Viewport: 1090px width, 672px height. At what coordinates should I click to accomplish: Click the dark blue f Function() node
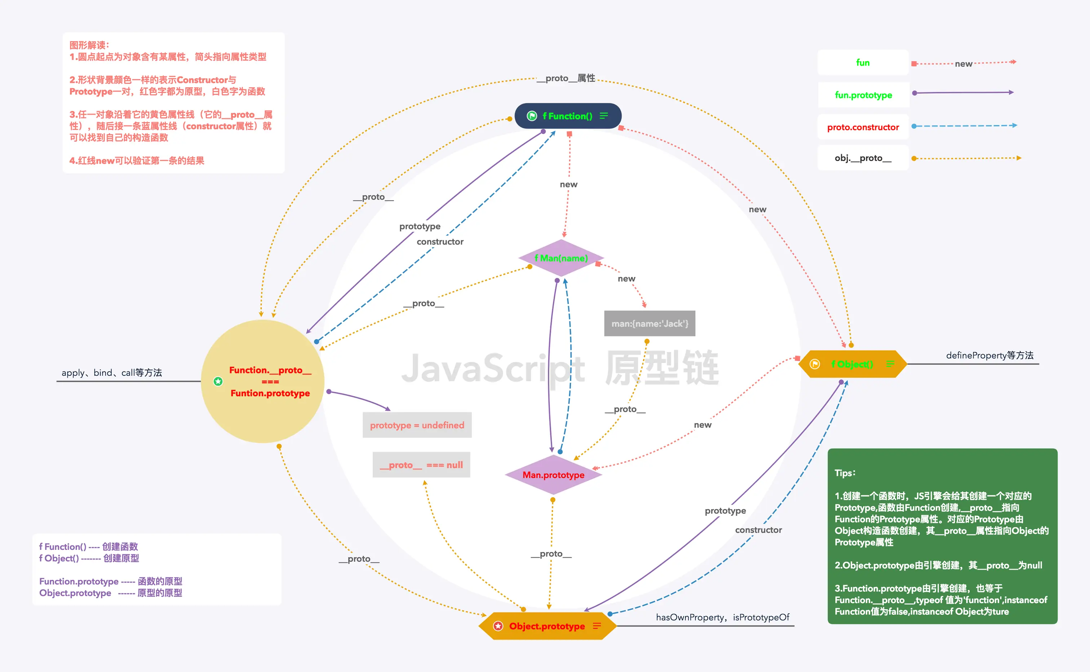pyautogui.click(x=568, y=116)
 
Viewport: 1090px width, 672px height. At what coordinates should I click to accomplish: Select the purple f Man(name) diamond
pyautogui.click(x=561, y=258)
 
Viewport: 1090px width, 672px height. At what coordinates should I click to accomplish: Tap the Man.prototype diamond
pyautogui.click(x=553, y=475)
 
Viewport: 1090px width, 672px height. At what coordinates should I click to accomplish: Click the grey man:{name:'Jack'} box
pyautogui.click(x=650, y=324)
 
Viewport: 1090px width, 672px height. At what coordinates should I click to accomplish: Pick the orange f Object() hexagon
pyautogui.click(x=852, y=364)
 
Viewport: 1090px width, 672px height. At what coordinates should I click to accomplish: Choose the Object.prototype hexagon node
pyautogui.click(x=547, y=626)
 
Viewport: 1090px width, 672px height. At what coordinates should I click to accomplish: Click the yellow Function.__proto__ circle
pyautogui.click(x=263, y=381)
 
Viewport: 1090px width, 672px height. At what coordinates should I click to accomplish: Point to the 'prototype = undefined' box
pyautogui.click(x=417, y=425)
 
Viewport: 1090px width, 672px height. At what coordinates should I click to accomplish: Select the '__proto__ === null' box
pyautogui.click(x=421, y=465)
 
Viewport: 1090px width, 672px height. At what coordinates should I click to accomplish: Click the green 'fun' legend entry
pyautogui.click(x=863, y=63)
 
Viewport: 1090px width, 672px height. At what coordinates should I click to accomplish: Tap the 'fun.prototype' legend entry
pyautogui.click(x=863, y=95)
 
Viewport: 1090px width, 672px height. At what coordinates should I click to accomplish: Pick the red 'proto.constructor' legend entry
pyautogui.click(x=863, y=127)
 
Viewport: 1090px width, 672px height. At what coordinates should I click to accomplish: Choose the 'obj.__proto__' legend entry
pyautogui.click(x=863, y=158)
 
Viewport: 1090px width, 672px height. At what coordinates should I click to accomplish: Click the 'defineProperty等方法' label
pyautogui.click(x=989, y=355)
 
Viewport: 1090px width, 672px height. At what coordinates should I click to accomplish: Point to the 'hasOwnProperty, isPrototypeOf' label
pyautogui.click(x=722, y=617)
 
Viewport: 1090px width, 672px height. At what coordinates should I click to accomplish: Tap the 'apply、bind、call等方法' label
pyautogui.click(x=112, y=373)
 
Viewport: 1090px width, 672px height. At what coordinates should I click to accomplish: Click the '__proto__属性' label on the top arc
pyautogui.click(x=566, y=78)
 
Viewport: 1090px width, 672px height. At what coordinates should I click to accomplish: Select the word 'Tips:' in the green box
pyautogui.click(x=845, y=473)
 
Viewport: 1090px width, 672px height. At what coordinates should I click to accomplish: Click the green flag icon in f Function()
pyautogui.click(x=532, y=116)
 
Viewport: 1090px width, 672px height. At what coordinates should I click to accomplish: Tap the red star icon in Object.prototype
pyautogui.click(x=498, y=626)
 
